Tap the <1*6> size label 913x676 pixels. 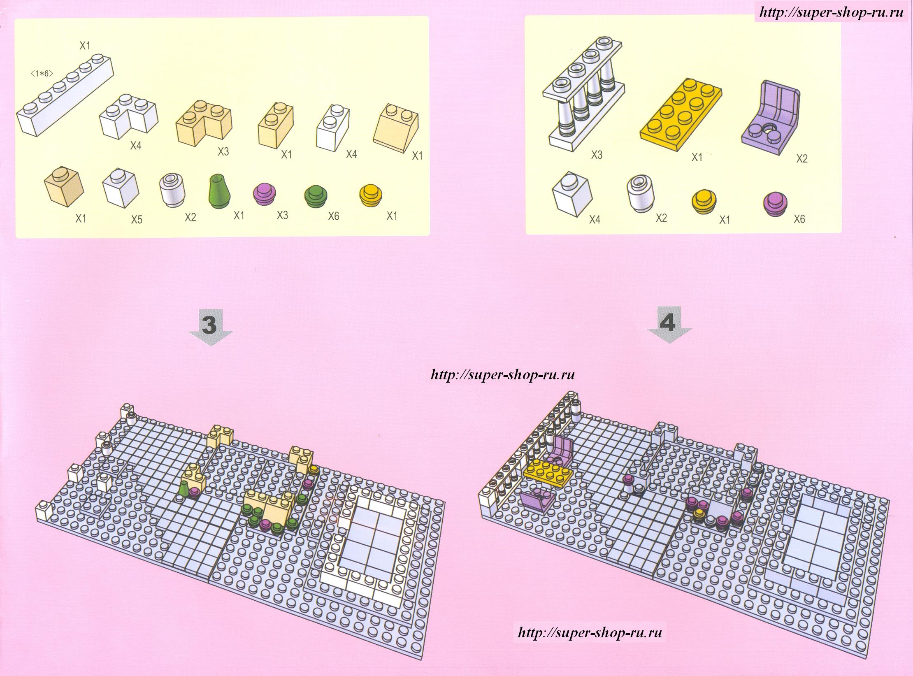click(42, 74)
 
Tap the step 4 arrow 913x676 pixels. click(669, 325)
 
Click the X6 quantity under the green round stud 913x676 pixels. click(333, 216)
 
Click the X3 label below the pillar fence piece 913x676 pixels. click(597, 155)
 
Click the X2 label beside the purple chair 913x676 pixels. click(802, 158)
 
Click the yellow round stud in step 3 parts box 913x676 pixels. click(371, 196)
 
